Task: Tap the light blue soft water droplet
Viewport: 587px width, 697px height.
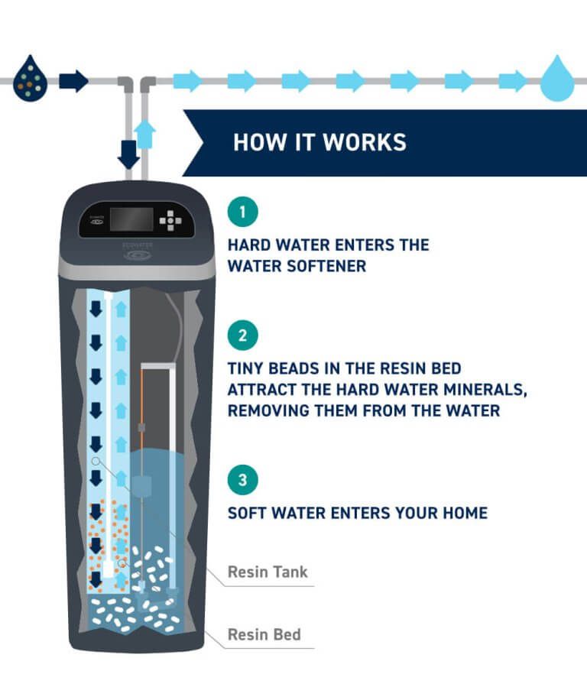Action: click(x=557, y=79)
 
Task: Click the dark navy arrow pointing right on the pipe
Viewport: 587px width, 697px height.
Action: click(x=73, y=80)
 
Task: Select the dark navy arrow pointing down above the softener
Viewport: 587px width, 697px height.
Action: click(x=128, y=154)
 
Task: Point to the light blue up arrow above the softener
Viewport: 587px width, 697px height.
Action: click(x=145, y=135)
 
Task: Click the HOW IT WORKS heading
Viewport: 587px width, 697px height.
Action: click(x=319, y=142)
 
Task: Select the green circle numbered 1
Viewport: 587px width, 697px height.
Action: click(x=243, y=212)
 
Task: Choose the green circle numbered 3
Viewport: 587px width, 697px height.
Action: click(x=243, y=481)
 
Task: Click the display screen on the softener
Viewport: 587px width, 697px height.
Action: click(x=131, y=219)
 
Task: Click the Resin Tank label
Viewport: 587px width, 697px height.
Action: click(x=268, y=572)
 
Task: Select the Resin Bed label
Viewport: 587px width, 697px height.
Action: click(x=264, y=634)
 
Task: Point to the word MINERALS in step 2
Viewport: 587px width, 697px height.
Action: click(x=481, y=389)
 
